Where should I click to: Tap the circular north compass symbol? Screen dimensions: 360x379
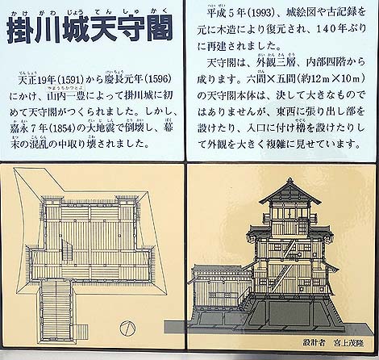127,328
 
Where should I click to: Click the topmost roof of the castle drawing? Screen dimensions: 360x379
289,192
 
